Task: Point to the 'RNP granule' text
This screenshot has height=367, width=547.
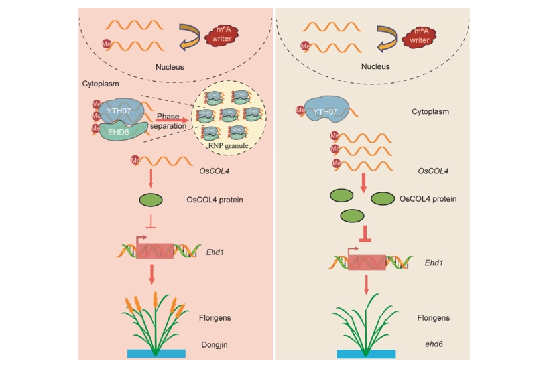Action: tap(229, 143)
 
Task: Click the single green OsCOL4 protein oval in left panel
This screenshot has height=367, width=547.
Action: tap(152, 200)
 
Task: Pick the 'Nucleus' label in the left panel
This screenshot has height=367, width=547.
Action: tap(170, 67)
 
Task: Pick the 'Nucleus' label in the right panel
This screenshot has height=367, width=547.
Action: tap(375, 67)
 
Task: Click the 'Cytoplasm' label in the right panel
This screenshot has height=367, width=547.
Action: tap(430, 111)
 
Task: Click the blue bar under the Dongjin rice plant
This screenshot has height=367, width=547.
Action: tap(153, 353)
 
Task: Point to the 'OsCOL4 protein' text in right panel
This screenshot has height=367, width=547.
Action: tap(428, 199)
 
